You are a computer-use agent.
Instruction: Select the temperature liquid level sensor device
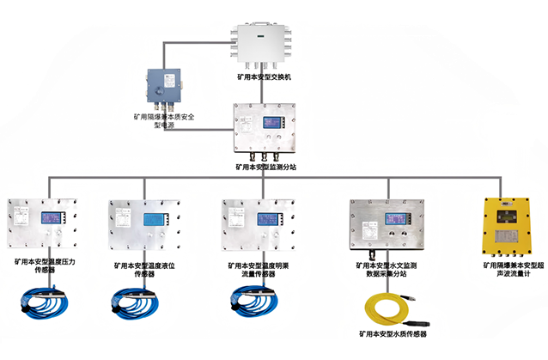pyautogui.click(x=144, y=223)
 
